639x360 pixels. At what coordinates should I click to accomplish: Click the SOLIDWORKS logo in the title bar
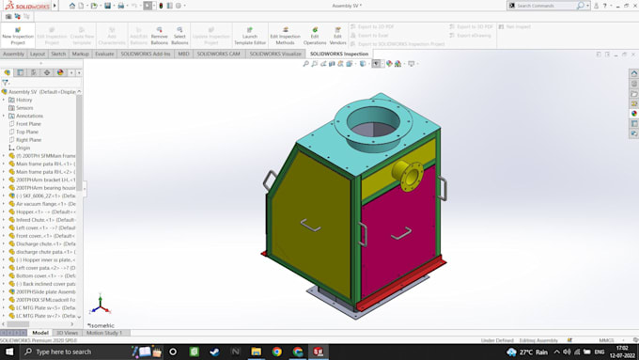tap(29, 6)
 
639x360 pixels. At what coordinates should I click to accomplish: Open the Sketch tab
tap(58, 54)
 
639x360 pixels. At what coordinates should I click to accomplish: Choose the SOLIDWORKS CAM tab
tap(218, 54)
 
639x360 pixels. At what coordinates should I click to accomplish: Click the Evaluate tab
tap(104, 54)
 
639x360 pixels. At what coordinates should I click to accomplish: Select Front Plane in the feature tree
tap(28, 124)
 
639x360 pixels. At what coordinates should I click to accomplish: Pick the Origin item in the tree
tap(23, 148)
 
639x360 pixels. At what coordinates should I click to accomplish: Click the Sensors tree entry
tap(24, 108)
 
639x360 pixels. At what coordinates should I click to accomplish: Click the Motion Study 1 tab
tap(104, 333)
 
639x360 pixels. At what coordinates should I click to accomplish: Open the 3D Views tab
tap(68, 333)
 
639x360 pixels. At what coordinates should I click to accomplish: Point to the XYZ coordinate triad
tap(101, 305)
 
